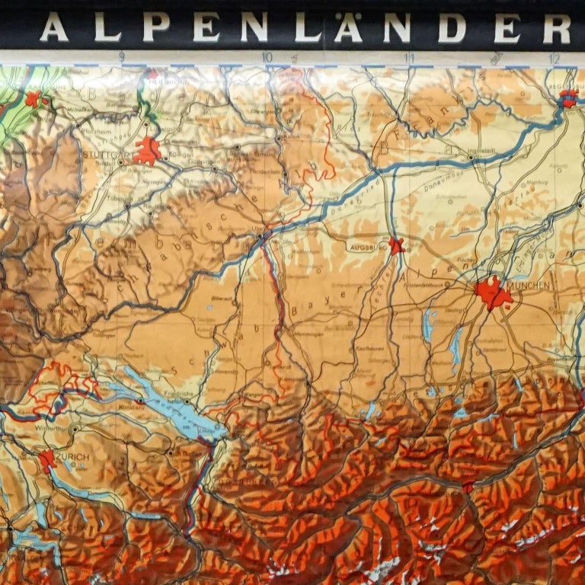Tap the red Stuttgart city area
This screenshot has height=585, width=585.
[x=147, y=151]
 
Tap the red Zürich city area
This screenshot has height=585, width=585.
[x=47, y=460]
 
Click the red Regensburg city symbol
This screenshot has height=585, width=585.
[x=567, y=97]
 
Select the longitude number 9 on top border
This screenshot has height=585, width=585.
[x=122, y=56]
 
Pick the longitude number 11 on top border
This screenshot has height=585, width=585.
[x=409, y=57]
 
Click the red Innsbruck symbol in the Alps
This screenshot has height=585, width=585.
[x=468, y=486]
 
